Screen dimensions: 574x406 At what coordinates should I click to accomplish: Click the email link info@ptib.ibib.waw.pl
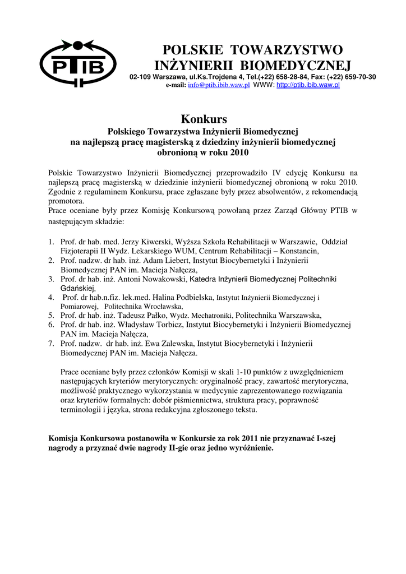point(219,85)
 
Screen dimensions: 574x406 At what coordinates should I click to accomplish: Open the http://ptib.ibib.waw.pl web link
point(308,85)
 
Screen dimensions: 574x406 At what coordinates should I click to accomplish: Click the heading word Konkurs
point(204,119)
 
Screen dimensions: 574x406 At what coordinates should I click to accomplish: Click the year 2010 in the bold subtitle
point(238,152)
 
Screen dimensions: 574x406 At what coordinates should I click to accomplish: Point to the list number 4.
point(50,297)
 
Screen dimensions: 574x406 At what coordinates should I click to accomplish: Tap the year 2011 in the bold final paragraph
point(224,438)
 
